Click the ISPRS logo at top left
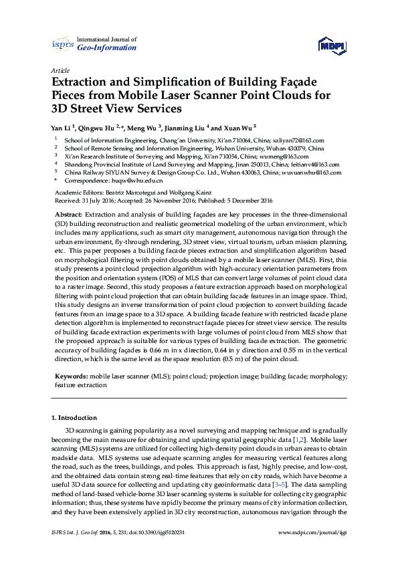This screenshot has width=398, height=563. pyautogui.click(x=62, y=45)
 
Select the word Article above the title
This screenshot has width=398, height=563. pyautogui.click(x=59, y=70)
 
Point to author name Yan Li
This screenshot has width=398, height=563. pyautogui.click(x=62, y=126)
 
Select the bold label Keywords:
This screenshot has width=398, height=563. pyautogui.click(x=72, y=376)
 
